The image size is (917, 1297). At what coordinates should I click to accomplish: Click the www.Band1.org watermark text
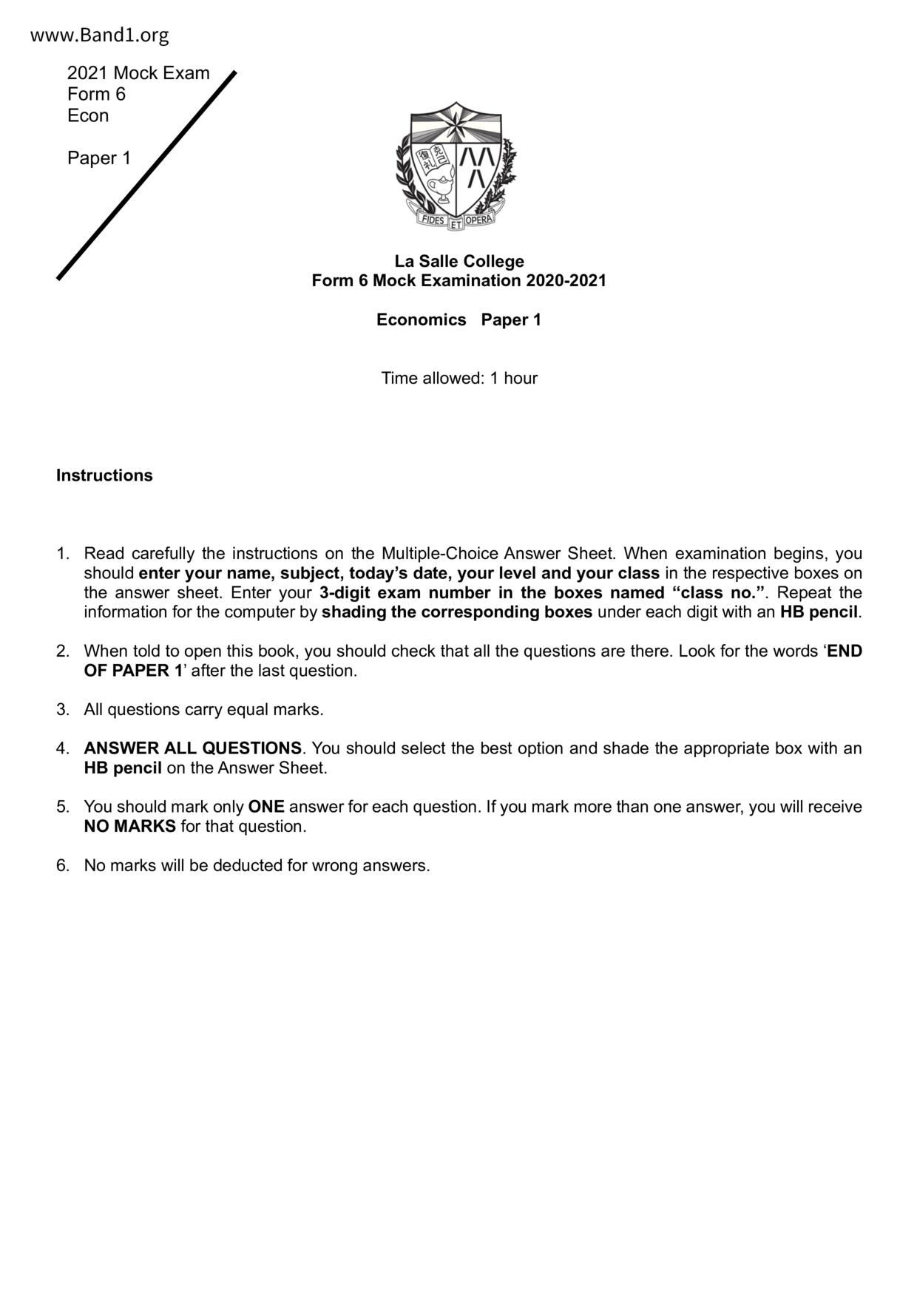pos(99,35)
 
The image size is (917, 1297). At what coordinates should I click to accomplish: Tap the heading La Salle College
pos(458,261)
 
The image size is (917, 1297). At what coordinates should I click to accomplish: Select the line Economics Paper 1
pos(458,319)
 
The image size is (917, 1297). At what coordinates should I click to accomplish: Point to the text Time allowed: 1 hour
pos(458,378)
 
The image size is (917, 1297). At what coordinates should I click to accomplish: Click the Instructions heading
pos(104,475)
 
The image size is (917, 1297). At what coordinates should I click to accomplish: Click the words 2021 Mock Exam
pos(138,73)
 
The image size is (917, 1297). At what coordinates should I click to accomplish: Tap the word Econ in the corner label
pos(88,116)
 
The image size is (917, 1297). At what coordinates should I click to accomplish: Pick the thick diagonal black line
pos(146,176)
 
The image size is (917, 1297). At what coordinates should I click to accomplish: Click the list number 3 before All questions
pos(62,710)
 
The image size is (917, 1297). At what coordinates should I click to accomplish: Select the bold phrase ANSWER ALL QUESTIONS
pos(192,748)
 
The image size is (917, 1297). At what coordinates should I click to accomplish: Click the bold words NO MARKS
pos(129,827)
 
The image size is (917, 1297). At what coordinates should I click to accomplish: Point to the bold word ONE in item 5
pos(266,807)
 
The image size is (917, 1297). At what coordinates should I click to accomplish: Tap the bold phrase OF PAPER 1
pos(133,671)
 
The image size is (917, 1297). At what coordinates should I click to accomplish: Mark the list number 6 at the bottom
pos(62,865)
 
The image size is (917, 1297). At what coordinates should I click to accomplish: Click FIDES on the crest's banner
pos(432,219)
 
